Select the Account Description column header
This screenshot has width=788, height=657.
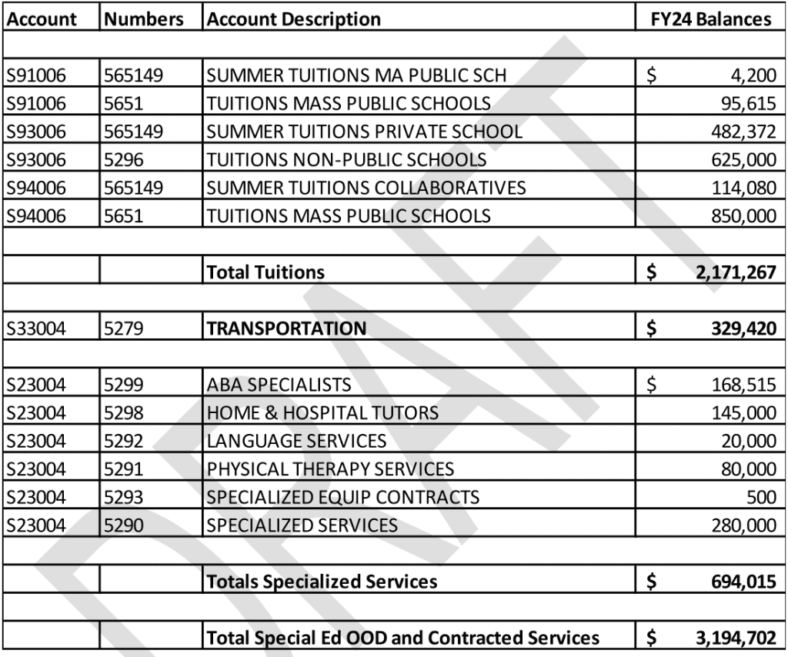point(293,19)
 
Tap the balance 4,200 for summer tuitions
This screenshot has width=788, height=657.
point(755,75)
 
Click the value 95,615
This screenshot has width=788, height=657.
point(746,104)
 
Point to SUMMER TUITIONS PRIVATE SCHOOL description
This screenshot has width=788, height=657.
point(364,132)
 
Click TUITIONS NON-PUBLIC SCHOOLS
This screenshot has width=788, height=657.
point(346,160)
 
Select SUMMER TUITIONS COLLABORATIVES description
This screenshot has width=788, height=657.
point(366,188)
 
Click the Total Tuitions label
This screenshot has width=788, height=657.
point(265,272)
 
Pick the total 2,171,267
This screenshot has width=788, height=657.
point(732,272)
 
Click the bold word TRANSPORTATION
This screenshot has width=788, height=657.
point(286,328)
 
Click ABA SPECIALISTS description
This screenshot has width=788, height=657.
point(279,385)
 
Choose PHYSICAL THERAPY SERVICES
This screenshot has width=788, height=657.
point(330,469)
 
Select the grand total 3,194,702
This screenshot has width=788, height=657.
point(732,638)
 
